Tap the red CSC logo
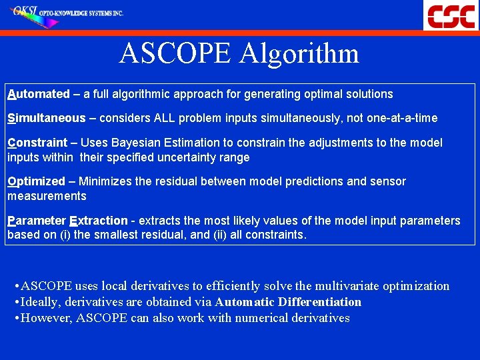(x=451, y=15)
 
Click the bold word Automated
(x=38, y=94)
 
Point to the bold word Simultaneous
(x=47, y=118)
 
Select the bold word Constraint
(x=37, y=143)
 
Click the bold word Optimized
(x=37, y=181)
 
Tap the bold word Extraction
(x=98, y=221)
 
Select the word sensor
(x=388, y=181)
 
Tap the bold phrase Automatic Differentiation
(x=288, y=302)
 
